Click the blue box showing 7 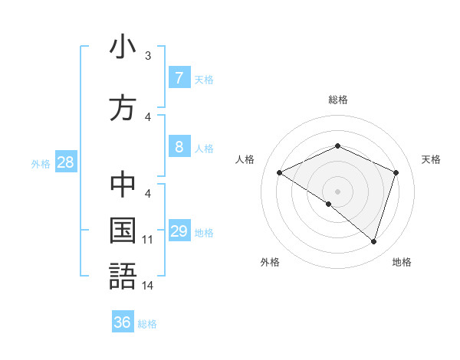tap(179, 78)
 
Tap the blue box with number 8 tap(179, 148)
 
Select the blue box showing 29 tap(179, 231)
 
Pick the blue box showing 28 tap(65, 162)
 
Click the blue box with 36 tap(123, 322)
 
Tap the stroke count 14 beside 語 tap(148, 286)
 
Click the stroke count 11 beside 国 tap(148, 240)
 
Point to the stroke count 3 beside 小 tap(148, 56)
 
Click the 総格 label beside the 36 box tap(147, 324)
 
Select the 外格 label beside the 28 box tap(41, 163)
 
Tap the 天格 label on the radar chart tap(431, 159)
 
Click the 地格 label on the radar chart tap(402, 262)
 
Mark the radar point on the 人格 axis tap(280, 173)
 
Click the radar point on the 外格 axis tap(329, 204)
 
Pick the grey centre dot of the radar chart tap(337, 191)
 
